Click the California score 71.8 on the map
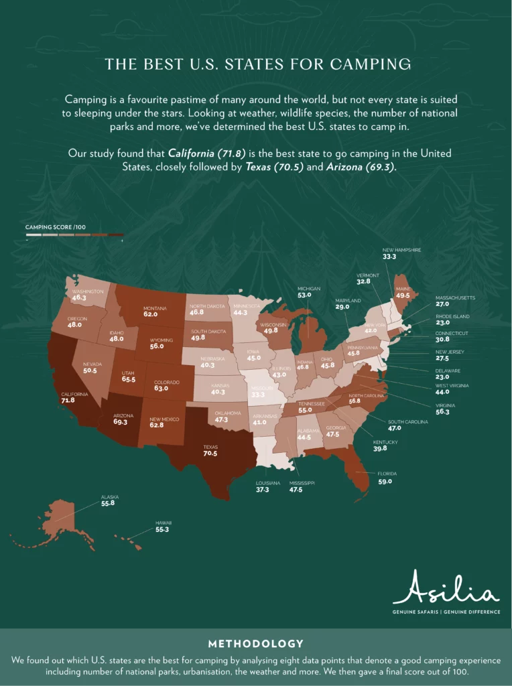point(68,401)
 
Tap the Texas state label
point(210,445)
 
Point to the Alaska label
point(109,497)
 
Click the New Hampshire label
point(401,250)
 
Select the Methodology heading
point(255,644)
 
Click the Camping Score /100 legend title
point(56,227)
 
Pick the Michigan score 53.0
point(305,295)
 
